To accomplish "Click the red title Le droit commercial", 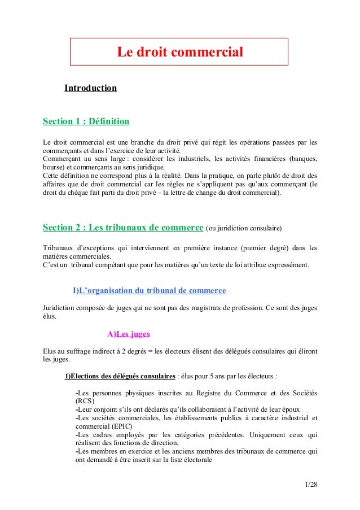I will tap(179, 53).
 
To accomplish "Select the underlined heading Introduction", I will tap(90, 89).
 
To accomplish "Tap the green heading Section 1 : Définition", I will tap(86, 121).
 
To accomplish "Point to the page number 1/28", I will tap(310, 484).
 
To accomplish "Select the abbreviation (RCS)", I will tap(85, 401).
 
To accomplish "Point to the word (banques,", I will tap(303, 159).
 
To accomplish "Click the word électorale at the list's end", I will tap(194, 460).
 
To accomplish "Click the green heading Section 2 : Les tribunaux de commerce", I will tap(123, 228).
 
